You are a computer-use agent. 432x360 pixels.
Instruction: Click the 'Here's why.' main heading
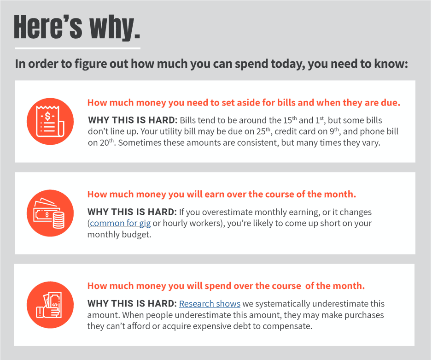(77, 27)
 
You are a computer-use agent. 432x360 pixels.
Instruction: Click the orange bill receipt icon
(50, 121)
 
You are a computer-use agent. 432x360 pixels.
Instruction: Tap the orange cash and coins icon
(50, 213)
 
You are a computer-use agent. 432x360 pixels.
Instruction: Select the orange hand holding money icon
(50, 305)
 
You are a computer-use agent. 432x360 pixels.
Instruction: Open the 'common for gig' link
(120, 223)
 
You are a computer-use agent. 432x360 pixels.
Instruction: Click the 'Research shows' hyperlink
(210, 304)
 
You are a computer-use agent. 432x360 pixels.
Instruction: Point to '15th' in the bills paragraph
(290, 120)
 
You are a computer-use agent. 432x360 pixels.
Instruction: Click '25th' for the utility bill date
(263, 131)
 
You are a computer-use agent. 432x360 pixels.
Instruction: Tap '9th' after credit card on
(334, 131)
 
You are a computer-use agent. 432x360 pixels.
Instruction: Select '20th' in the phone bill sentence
(107, 142)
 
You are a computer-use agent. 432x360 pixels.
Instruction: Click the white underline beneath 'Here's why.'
(77, 48)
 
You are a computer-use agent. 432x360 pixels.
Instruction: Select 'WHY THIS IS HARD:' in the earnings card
(132, 212)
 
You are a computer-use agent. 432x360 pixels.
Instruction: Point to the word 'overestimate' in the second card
(228, 212)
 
